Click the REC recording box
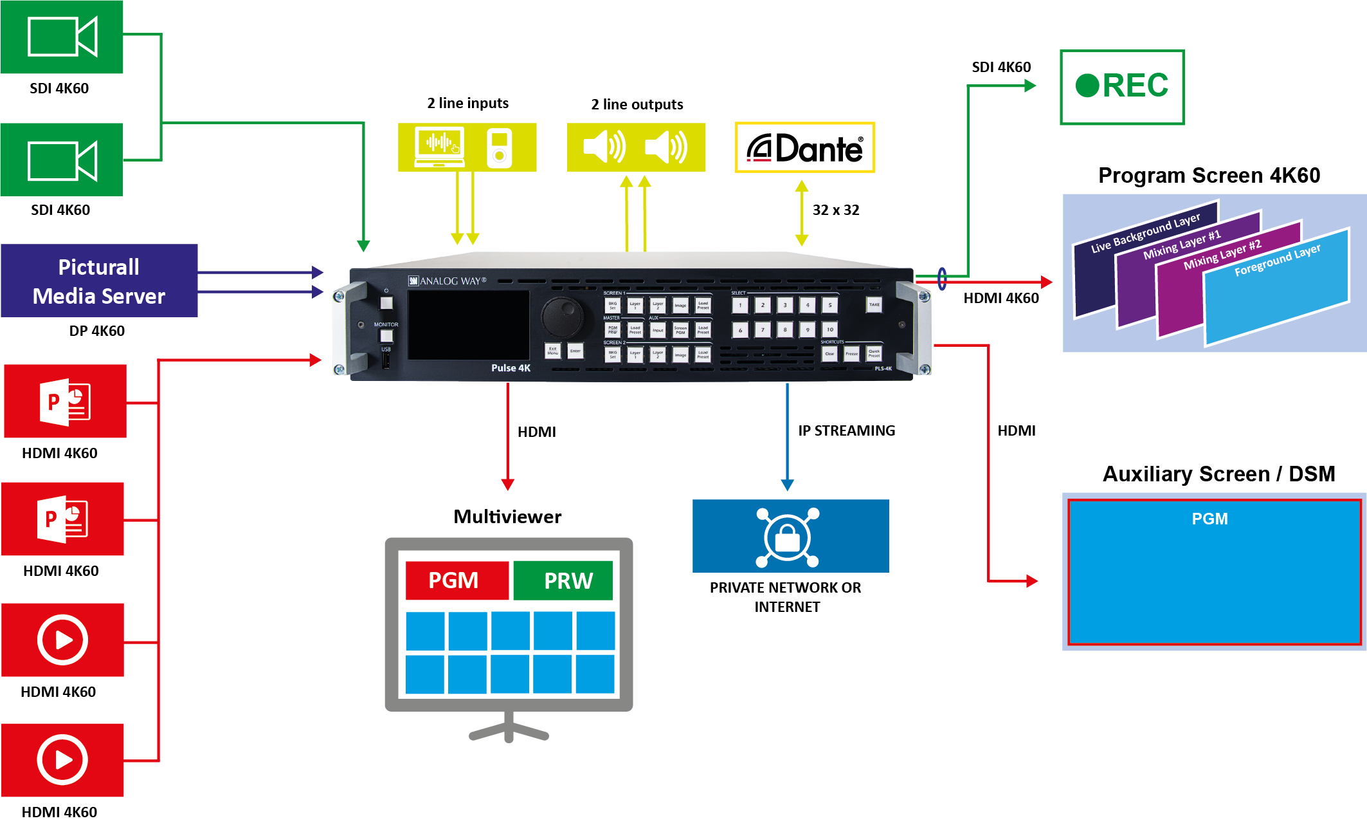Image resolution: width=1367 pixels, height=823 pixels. pyautogui.click(x=1121, y=86)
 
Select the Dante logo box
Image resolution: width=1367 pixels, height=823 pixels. pyautogui.click(x=804, y=148)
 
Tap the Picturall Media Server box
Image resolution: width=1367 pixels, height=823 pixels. pyautogui.click(x=99, y=281)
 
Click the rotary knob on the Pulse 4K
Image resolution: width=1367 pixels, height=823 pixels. pyautogui.click(x=562, y=315)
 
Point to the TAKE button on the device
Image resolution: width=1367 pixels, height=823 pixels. pyautogui.click(x=874, y=304)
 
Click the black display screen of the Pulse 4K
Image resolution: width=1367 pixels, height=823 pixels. pyautogui.click(x=468, y=325)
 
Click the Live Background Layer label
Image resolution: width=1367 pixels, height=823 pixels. pyautogui.click(x=1145, y=232)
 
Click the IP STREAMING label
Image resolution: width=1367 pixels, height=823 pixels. pyautogui.click(x=846, y=430)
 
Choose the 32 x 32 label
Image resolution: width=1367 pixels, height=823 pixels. pyautogui.click(x=835, y=210)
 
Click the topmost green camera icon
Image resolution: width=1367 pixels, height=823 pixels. pyautogui.click(x=62, y=37)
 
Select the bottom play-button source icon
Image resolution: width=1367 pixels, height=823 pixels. pyautogui.click(x=62, y=760)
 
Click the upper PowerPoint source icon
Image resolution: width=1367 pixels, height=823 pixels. pyautogui.click(x=65, y=402)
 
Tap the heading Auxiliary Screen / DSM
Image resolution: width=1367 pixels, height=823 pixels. pyautogui.click(x=1218, y=474)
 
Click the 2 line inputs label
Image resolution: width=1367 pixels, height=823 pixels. pyautogui.click(x=467, y=103)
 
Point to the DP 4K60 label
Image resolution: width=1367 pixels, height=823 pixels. pyautogui.click(x=96, y=331)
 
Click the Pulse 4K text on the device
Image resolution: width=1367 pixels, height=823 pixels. pyautogui.click(x=511, y=368)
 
